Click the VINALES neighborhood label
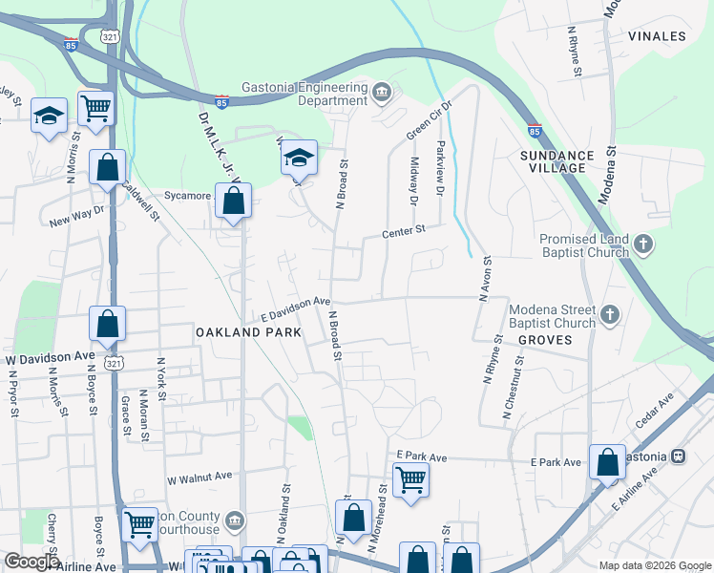[x=657, y=36]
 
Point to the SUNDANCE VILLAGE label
[x=553, y=160]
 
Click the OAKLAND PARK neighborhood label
[x=248, y=332]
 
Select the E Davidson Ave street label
[x=296, y=307]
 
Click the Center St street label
[x=403, y=231]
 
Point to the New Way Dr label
[x=74, y=219]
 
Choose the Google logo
[x=31, y=562]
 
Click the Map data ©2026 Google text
[x=655, y=564]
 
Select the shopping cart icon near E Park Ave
[x=410, y=479]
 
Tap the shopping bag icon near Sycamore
[x=233, y=201]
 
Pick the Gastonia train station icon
[x=680, y=456]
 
